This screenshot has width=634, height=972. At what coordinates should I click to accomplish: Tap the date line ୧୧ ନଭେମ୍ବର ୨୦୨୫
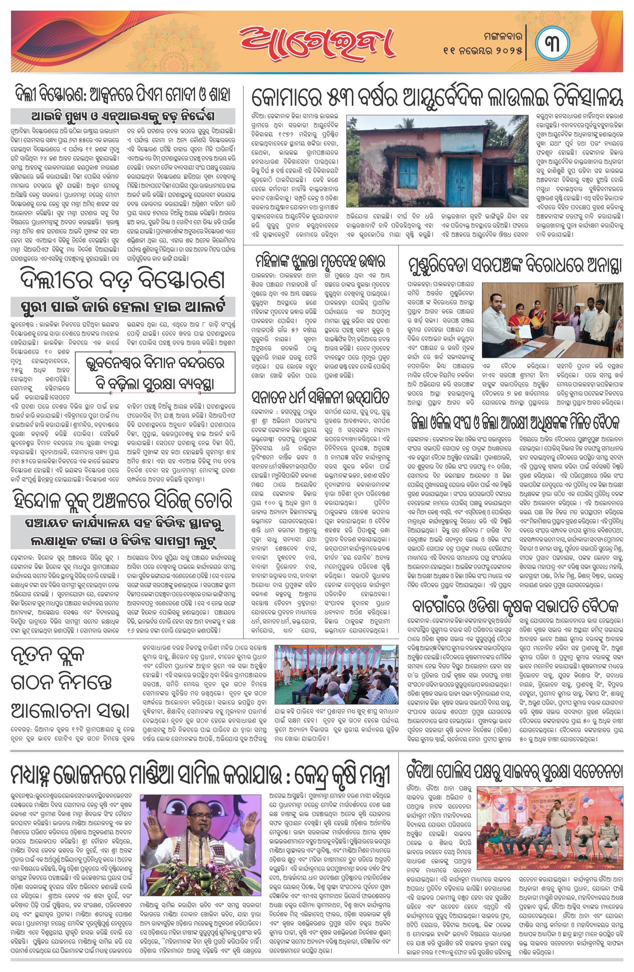[482, 51]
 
